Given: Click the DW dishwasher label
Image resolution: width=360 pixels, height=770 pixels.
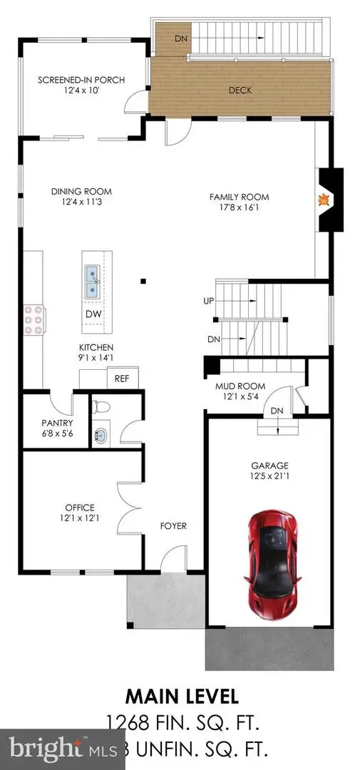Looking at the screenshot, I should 93,314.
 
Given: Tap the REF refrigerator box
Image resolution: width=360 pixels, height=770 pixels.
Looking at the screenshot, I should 121,379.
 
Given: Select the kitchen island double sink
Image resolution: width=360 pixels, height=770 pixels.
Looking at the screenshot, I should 93,282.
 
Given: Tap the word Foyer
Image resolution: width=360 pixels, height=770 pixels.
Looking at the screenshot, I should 173,526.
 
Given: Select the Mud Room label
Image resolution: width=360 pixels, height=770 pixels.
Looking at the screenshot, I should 235,387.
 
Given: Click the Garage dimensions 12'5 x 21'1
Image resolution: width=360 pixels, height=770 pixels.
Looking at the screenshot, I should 269,476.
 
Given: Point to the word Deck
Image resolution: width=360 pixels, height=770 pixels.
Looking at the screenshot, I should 240,91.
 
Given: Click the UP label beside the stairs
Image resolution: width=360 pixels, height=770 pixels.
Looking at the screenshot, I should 209,302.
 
